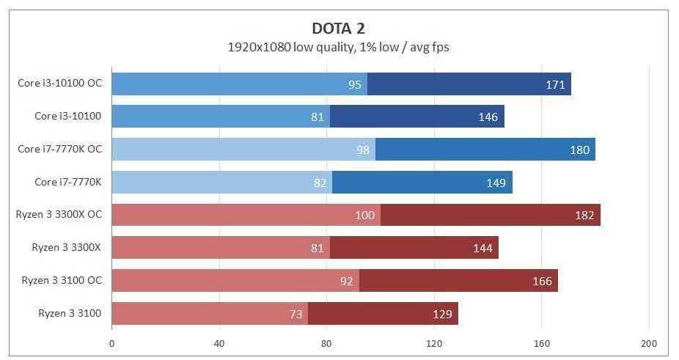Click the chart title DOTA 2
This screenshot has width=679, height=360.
pos(338,28)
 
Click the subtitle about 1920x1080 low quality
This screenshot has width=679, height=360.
pos(338,47)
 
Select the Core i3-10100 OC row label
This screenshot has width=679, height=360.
pos(60,84)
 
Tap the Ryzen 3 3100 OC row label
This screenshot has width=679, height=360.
pos(62,280)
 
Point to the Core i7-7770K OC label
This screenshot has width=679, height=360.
pos(60,149)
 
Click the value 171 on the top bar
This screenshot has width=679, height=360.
pos(555,84)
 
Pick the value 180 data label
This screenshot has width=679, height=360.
pos(579,150)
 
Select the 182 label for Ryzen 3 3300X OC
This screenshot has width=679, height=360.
pos(584,216)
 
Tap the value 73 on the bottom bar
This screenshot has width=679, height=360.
pos(295,314)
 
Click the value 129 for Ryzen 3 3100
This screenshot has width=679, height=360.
pos(442,314)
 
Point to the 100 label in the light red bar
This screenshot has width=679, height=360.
pos(365,216)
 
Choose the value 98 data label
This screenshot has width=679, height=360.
pos(361,150)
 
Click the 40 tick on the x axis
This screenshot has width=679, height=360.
pos(219,343)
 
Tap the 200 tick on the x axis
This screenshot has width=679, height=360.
pos(649,343)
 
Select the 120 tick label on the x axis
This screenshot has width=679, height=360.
pos(434,343)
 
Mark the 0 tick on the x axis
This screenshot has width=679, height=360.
pos(111,343)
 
